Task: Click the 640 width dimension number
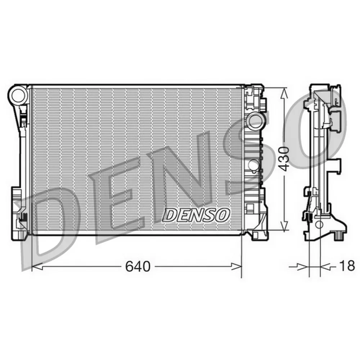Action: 138,266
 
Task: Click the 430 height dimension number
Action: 285,159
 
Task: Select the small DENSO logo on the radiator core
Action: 196,215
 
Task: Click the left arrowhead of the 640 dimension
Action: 37,266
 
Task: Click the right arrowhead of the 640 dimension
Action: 236,266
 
